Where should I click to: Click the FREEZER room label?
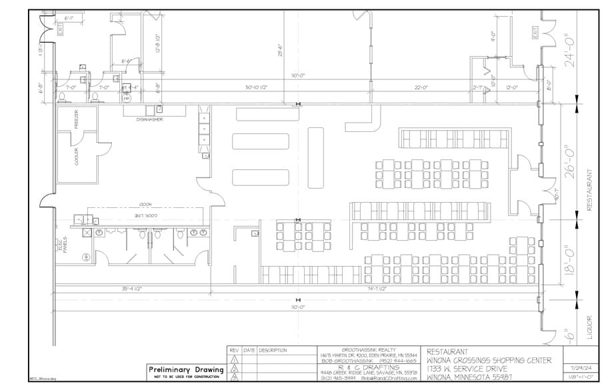[75, 121]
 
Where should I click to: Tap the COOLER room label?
[75, 157]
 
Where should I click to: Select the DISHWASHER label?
[150, 119]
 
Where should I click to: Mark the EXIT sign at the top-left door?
[59, 29]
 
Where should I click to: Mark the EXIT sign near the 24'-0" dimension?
[533, 32]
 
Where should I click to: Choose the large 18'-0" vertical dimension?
[566, 257]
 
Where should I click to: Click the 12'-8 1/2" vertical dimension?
[158, 44]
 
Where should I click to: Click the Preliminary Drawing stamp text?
[186, 369]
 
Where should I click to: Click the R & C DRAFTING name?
[370, 367]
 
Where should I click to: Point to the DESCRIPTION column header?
[273, 350]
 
